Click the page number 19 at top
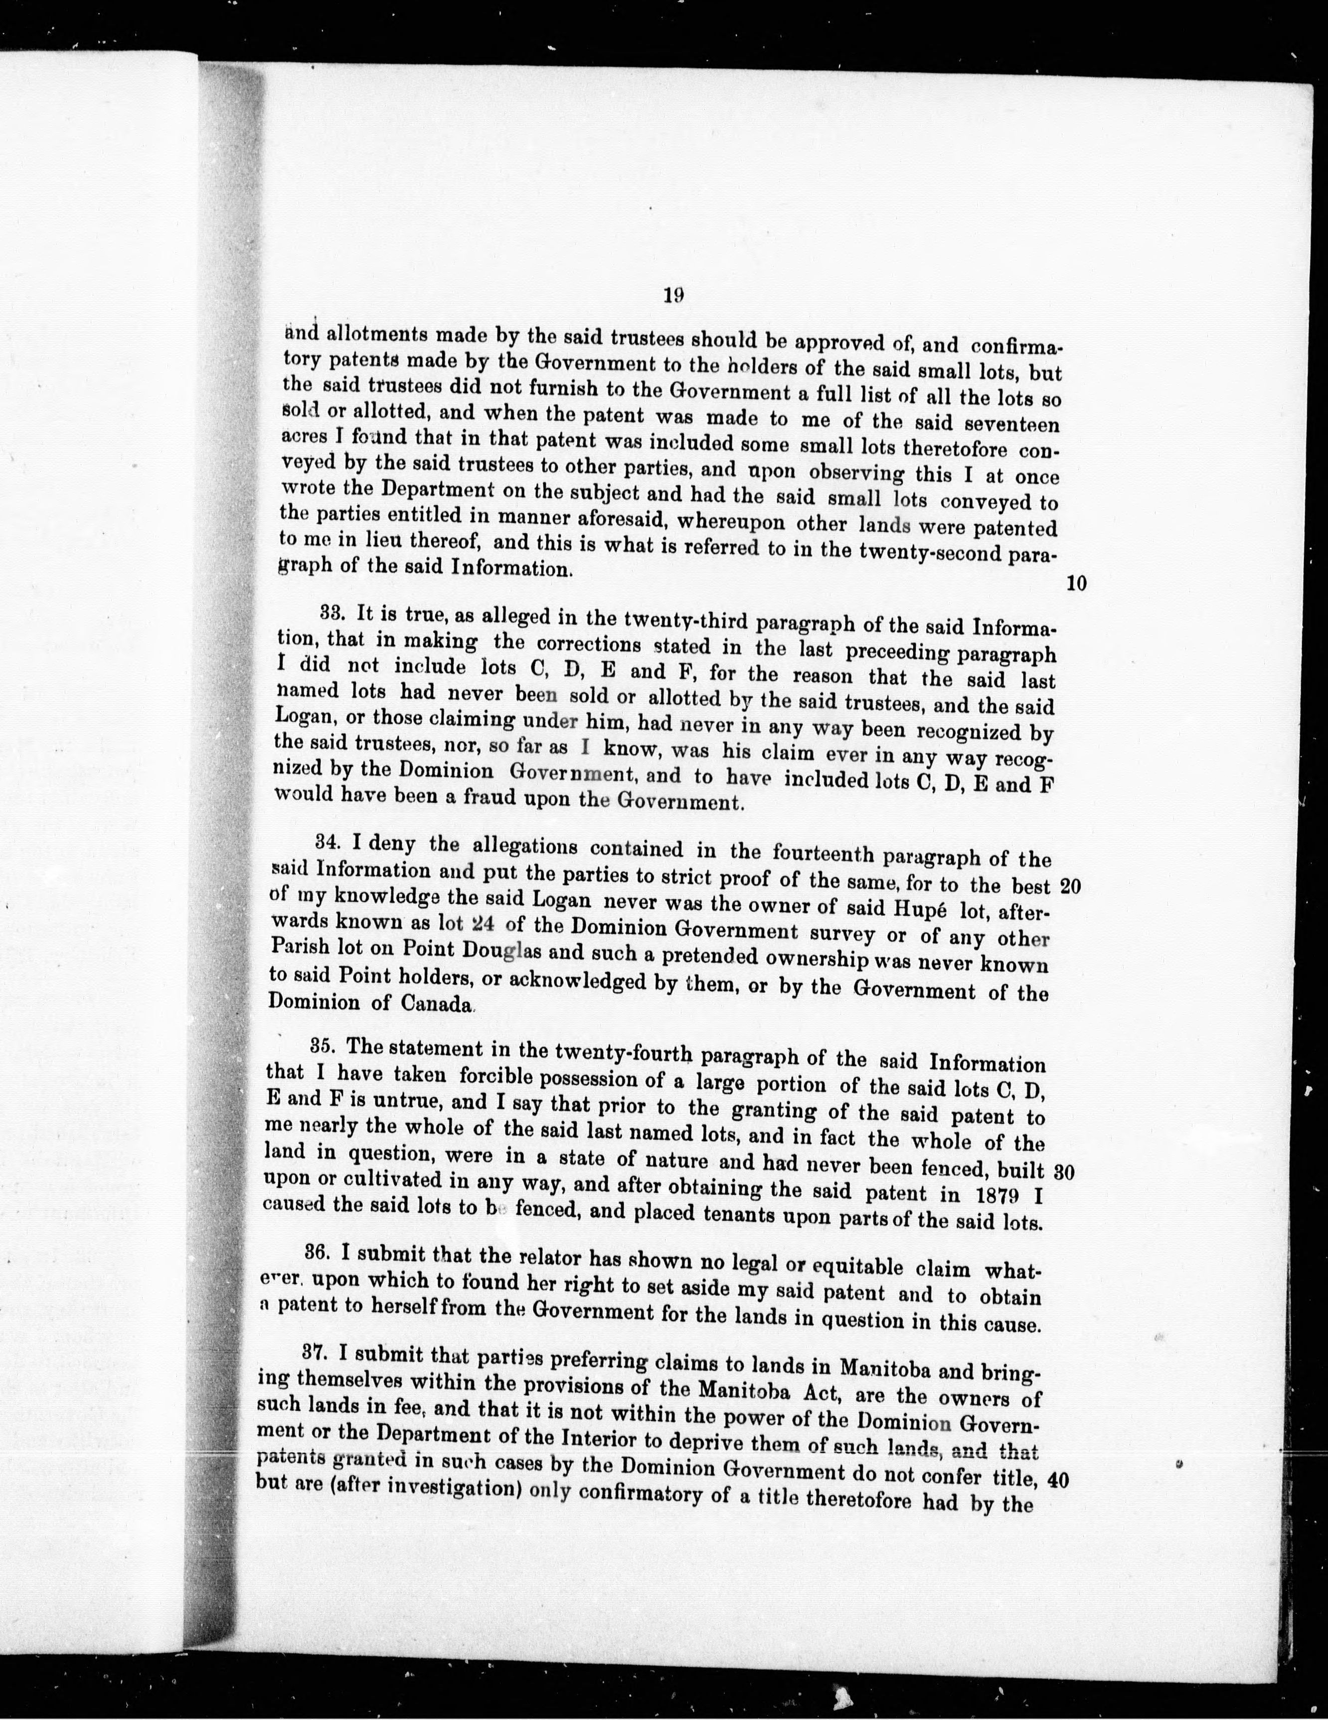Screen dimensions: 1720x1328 pos(672,295)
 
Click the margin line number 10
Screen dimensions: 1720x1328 pos(1076,584)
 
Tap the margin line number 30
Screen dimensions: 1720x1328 pos(1064,1172)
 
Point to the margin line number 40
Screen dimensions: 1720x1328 pos(1059,1480)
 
